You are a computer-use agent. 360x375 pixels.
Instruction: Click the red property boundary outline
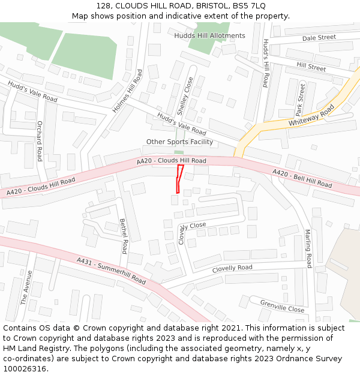pyautogui.click(x=179, y=179)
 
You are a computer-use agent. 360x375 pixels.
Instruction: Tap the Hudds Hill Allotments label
pyautogui.click(x=209, y=35)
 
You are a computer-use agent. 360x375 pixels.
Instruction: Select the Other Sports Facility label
pyautogui.click(x=179, y=142)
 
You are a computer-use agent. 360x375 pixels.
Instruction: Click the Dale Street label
pyautogui.click(x=319, y=38)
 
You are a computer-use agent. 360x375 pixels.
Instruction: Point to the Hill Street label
pyautogui.click(x=311, y=66)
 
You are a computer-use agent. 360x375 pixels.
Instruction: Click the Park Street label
pyautogui.click(x=300, y=100)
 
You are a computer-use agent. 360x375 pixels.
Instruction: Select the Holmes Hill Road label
pyautogui.click(x=128, y=91)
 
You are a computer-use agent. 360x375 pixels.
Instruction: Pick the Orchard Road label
pyautogui.click(x=40, y=141)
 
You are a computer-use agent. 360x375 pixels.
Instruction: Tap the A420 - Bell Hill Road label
pyautogui.click(x=302, y=178)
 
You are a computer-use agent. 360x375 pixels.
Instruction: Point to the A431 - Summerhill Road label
pyautogui.click(x=111, y=271)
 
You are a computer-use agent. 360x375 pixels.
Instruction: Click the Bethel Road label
pyautogui.click(x=124, y=236)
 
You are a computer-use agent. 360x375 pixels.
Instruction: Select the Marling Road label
pyautogui.click(x=308, y=248)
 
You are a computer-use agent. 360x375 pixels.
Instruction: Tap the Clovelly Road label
pyautogui.click(x=232, y=268)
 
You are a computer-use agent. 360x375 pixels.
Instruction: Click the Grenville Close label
pyautogui.click(x=282, y=306)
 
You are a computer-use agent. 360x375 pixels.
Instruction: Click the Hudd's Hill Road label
pyautogui.click(x=265, y=63)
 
